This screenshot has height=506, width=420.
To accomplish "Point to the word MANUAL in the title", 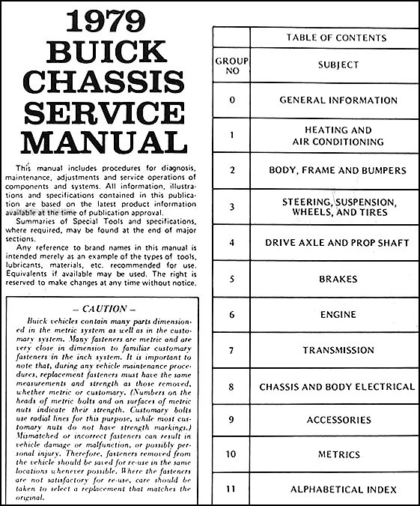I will (100, 141).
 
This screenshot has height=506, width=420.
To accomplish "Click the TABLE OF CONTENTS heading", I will (337, 37).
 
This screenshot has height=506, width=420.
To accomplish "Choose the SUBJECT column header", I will (338, 65).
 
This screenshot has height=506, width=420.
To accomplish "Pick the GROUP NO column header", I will (233, 65).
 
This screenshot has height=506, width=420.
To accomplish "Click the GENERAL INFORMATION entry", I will (338, 100).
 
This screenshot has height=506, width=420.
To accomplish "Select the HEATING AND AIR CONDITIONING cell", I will (338, 136).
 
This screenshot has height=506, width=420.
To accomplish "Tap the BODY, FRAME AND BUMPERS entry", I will (338, 171).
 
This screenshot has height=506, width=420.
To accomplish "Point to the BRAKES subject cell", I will (338, 279).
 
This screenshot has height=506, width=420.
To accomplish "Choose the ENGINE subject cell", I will (338, 314).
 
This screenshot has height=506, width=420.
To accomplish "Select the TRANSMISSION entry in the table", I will (338, 350).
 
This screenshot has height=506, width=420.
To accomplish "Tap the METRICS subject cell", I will (338, 454).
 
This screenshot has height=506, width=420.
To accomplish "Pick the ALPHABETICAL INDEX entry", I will (338, 490).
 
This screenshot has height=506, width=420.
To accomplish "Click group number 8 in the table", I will (233, 387).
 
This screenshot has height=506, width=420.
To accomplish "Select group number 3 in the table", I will (233, 207).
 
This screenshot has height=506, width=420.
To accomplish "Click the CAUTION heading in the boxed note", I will (100, 308).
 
